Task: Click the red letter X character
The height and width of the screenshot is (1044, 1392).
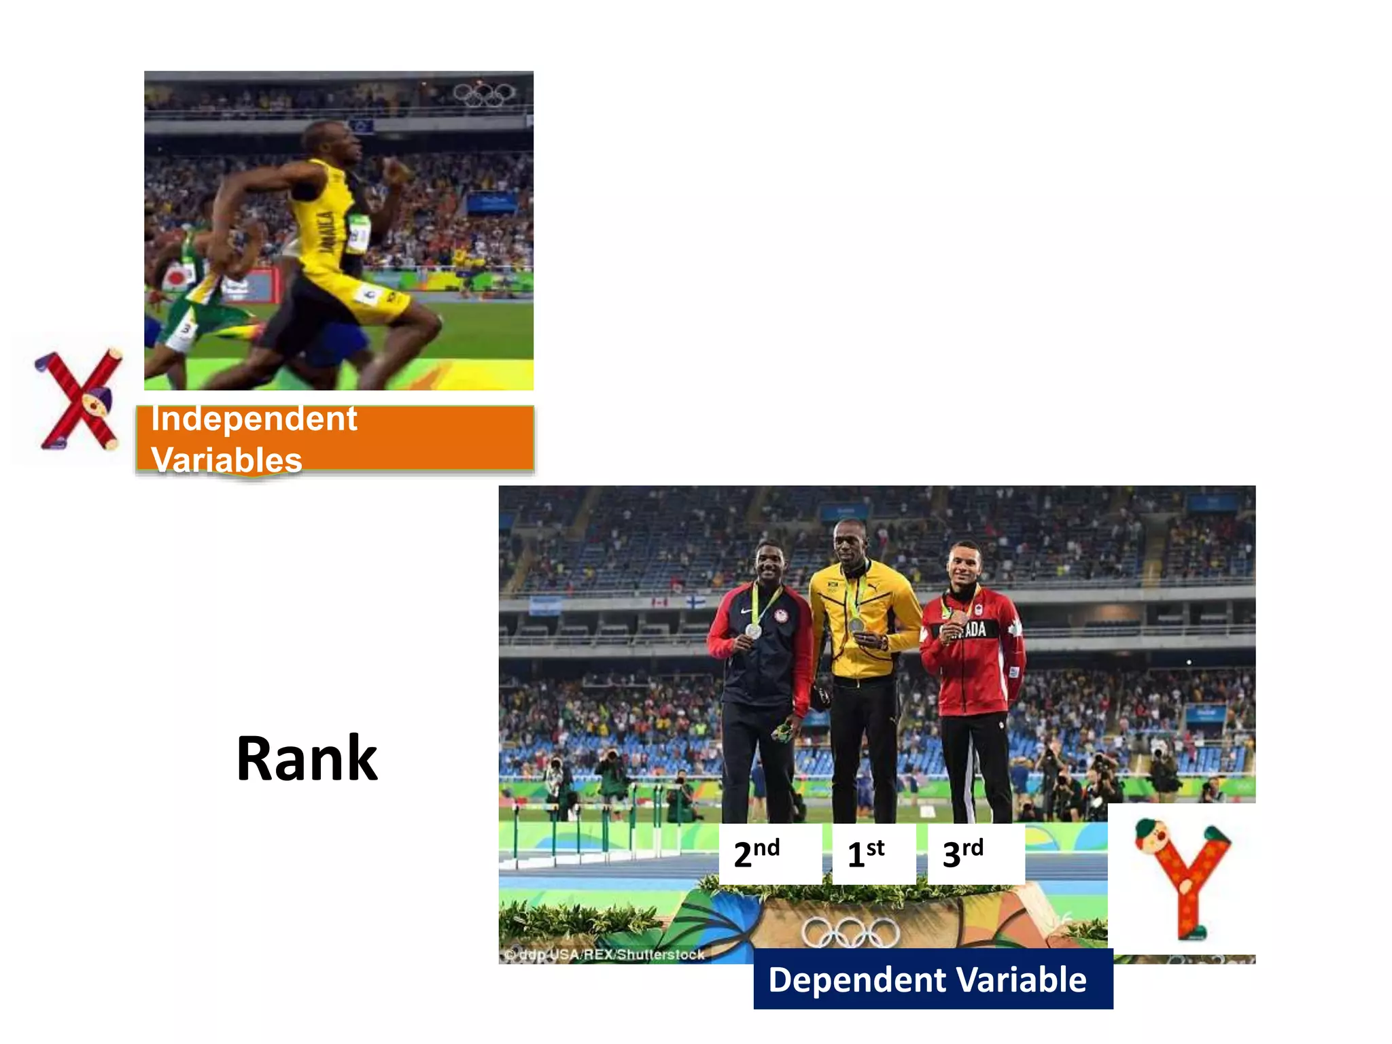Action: pos(78,400)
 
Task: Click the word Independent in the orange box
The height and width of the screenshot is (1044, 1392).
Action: pos(254,419)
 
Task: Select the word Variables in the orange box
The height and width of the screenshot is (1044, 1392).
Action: pos(226,459)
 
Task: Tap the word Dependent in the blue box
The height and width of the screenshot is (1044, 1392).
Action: pos(858,979)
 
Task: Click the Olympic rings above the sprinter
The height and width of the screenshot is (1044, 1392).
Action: pos(485,94)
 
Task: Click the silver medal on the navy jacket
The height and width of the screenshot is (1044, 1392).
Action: pos(753,631)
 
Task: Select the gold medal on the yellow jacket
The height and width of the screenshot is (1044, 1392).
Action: pos(856,624)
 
